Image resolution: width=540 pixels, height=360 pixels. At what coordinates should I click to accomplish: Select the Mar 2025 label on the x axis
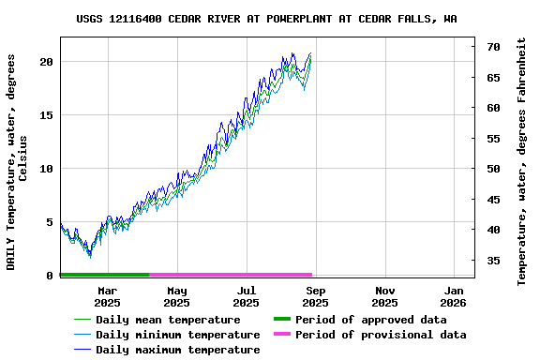tap(107, 296)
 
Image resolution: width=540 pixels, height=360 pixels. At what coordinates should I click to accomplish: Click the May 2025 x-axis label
tap(176, 296)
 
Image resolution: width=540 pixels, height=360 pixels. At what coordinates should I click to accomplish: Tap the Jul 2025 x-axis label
tap(246, 296)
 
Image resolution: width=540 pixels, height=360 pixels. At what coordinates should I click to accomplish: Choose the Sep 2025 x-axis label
tap(315, 296)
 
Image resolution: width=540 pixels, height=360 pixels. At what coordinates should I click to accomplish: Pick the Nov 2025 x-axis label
tap(384, 296)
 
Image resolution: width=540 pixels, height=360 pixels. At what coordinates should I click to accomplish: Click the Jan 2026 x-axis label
tap(454, 296)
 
